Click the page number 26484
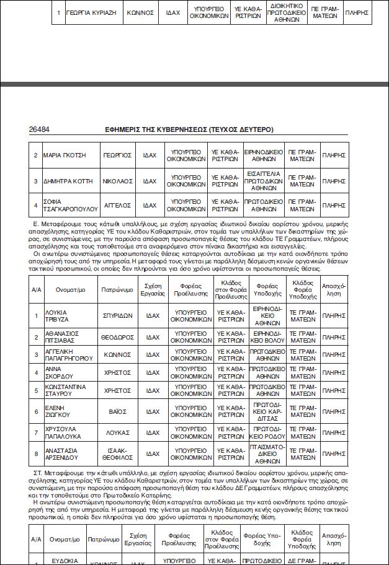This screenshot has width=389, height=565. (39, 130)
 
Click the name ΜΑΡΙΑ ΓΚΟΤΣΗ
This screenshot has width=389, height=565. (65, 154)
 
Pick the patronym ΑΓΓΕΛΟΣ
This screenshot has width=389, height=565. (117, 204)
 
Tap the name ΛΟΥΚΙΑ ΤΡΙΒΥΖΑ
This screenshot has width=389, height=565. (56, 316)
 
